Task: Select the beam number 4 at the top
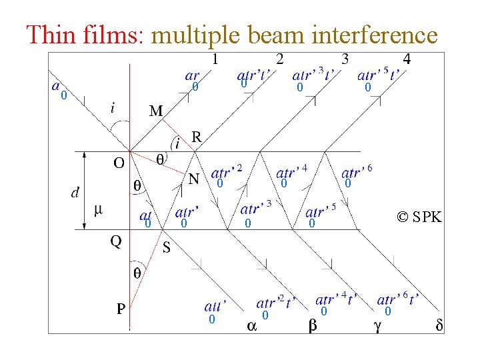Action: click(x=407, y=59)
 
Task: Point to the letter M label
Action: click(x=156, y=111)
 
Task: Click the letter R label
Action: click(x=197, y=137)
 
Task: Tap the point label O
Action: click(x=118, y=163)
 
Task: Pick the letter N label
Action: click(x=194, y=179)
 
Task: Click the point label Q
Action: click(x=116, y=241)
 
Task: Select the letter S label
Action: click(x=167, y=249)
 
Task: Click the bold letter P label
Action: click(x=121, y=309)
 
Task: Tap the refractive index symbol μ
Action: click(x=98, y=210)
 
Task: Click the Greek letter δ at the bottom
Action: click(x=439, y=325)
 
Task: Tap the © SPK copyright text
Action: click(x=419, y=217)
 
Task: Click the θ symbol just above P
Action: click(x=137, y=273)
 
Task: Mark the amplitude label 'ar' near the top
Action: click(x=192, y=77)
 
